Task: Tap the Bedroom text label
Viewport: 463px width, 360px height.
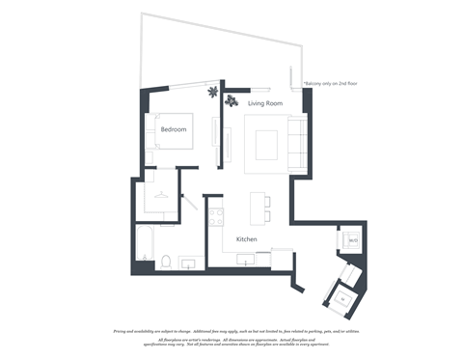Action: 174,128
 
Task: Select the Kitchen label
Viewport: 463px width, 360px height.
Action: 247,238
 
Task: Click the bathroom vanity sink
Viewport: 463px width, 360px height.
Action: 190,261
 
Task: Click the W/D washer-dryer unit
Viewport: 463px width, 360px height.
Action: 352,239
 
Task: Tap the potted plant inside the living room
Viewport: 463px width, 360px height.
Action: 231,99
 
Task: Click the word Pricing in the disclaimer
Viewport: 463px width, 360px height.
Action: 123,329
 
